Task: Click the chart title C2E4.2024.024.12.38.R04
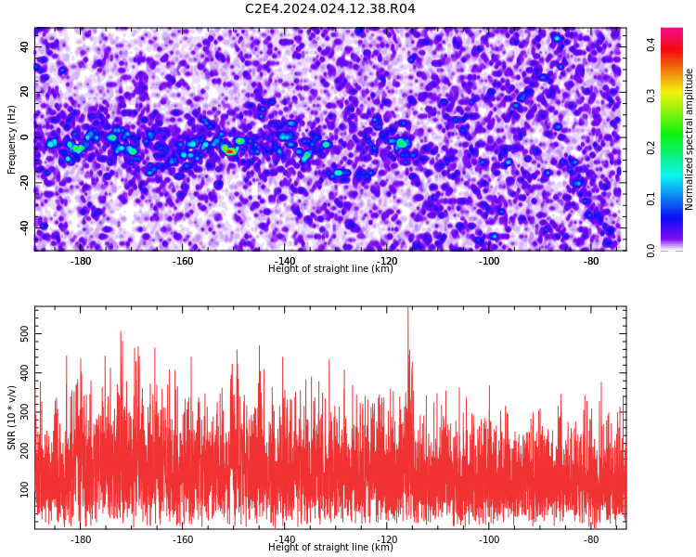click(x=330, y=8)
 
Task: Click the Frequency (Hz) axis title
click(x=11, y=139)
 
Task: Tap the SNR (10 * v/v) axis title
click(x=11, y=417)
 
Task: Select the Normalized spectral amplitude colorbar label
click(x=689, y=139)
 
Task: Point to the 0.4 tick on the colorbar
click(x=651, y=44)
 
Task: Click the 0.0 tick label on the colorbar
click(x=651, y=251)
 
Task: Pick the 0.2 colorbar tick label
click(x=651, y=148)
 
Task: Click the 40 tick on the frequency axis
click(x=25, y=46)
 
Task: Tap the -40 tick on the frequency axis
click(x=25, y=228)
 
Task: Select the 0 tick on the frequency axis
click(x=25, y=137)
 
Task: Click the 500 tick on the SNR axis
click(x=25, y=333)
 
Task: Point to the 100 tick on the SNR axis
click(x=25, y=489)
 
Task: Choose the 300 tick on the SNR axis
click(x=25, y=412)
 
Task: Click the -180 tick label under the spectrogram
click(x=81, y=261)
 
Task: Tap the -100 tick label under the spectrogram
click(x=489, y=261)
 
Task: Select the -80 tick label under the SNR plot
click(x=591, y=539)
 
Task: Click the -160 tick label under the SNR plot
click(x=183, y=539)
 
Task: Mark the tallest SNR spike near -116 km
click(x=408, y=308)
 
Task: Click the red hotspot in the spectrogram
click(x=230, y=151)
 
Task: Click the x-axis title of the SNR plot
click(x=330, y=547)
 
